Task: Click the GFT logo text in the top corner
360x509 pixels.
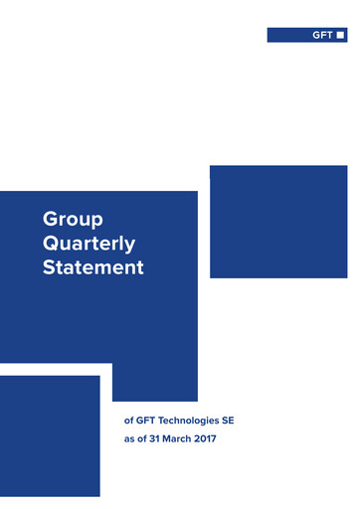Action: click(322, 36)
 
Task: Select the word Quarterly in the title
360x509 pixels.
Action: click(89, 244)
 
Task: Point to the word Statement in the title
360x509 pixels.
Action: click(92, 267)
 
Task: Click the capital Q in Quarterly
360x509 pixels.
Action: click(52, 244)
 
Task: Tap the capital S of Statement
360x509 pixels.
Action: click(50, 267)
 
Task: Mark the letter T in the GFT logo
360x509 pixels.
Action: click(330, 36)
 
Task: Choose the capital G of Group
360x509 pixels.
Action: click(50, 219)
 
